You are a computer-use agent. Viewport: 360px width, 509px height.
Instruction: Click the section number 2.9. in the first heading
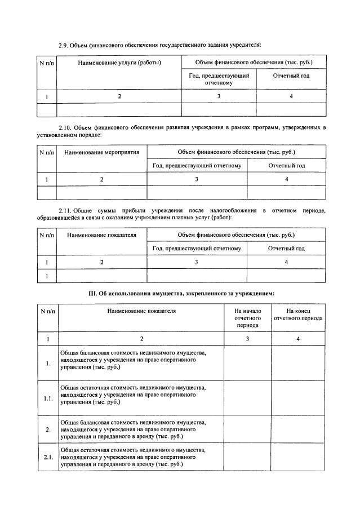click(65, 45)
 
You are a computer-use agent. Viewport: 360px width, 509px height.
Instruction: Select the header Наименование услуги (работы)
click(119, 62)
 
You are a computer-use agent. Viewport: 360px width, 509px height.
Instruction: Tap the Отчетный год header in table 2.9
click(291, 76)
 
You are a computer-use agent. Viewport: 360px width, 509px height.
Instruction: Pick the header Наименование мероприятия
click(101, 152)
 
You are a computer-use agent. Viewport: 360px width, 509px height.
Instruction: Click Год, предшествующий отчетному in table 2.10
click(197, 166)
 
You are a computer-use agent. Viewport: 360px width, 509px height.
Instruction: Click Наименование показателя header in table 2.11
click(101, 234)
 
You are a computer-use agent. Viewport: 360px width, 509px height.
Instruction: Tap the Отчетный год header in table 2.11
click(286, 248)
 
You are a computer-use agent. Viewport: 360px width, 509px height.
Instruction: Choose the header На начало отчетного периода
click(247, 318)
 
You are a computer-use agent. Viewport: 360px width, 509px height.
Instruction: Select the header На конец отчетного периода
click(298, 318)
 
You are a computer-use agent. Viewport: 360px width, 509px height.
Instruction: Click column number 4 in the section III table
click(298, 338)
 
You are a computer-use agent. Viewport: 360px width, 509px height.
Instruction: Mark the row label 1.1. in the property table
click(48, 399)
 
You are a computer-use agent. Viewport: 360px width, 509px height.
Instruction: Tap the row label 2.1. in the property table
click(48, 457)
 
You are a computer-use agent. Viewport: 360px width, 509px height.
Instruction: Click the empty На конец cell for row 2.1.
click(298, 457)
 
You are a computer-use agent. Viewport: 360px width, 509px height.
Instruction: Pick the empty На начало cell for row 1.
click(247, 362)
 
